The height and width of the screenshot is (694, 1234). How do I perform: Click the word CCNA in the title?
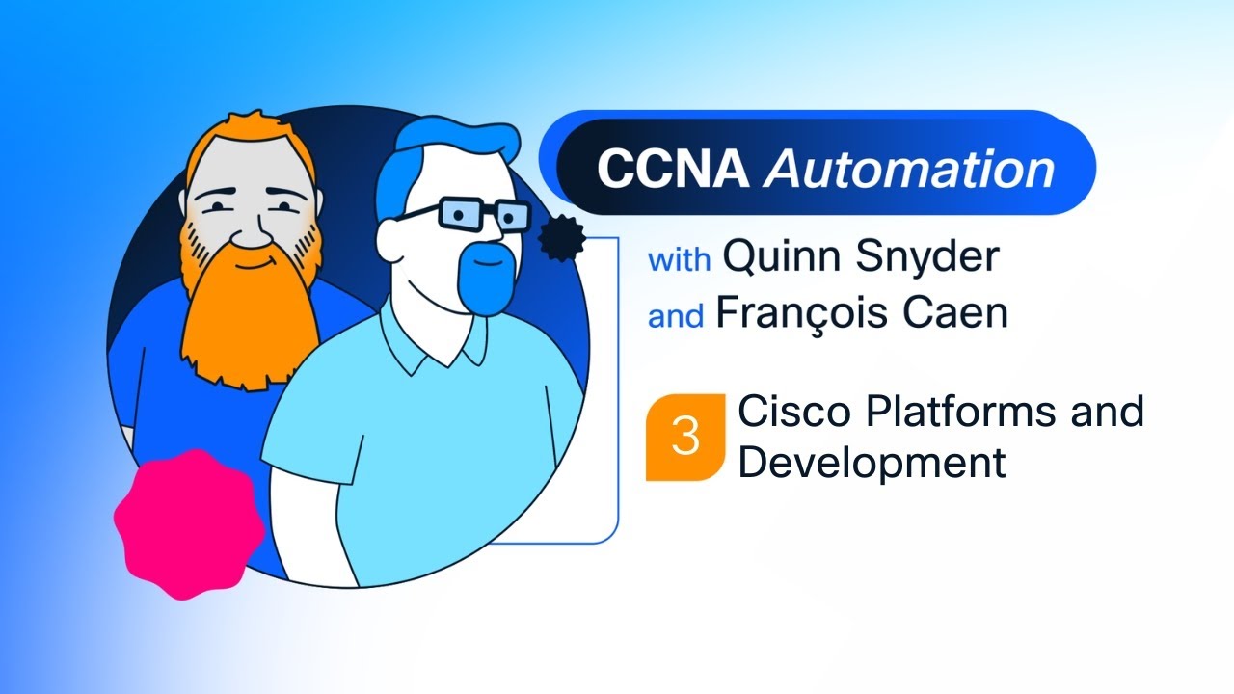tap(672, 169)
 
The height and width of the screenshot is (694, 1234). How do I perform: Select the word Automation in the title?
tap(908, 169)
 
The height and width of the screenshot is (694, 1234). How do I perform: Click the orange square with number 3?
tap(684, 437)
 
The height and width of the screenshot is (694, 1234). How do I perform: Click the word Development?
tap(872, 463)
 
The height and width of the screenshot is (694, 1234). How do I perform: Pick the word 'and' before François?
tap(676, 317)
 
